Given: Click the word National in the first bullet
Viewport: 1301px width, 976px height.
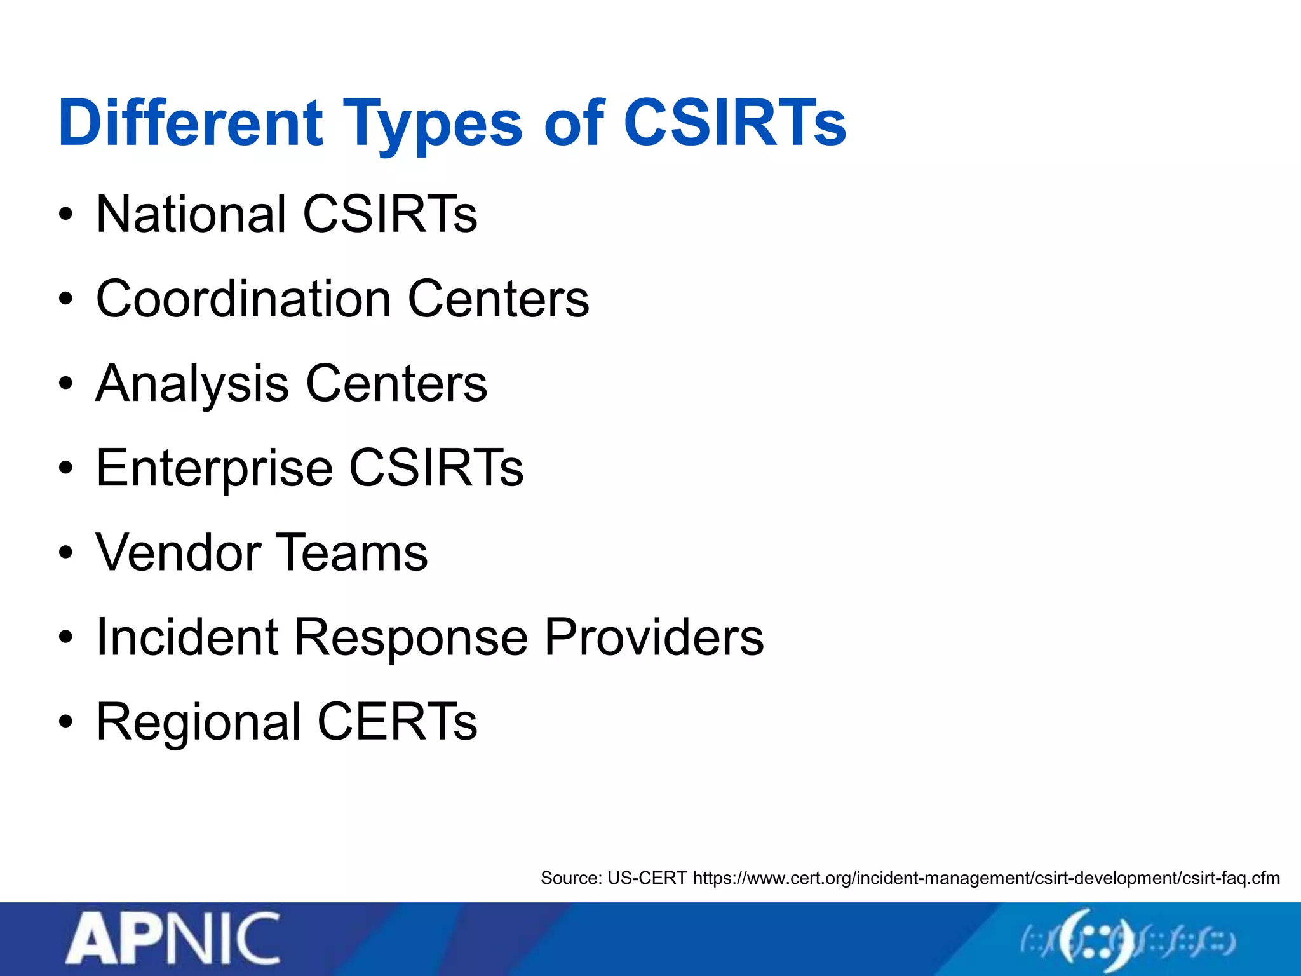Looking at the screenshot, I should point(191,214).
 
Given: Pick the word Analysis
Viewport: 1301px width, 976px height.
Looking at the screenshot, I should point(192,384).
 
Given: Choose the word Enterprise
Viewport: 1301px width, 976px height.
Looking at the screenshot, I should point(214,469).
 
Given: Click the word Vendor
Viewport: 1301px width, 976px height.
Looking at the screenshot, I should point(179,553).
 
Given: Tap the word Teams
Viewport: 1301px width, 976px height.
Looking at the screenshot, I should point(352,553).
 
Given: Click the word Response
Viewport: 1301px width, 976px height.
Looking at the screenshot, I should point(410,639).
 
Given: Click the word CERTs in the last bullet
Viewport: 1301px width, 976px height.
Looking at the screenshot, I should point(397,722).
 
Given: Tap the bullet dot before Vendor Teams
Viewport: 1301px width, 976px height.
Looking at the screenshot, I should point(65,553).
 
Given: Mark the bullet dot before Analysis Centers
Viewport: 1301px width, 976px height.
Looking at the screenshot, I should point(65,384).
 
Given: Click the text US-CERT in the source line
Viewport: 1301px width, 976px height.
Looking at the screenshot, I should point(647,878).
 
